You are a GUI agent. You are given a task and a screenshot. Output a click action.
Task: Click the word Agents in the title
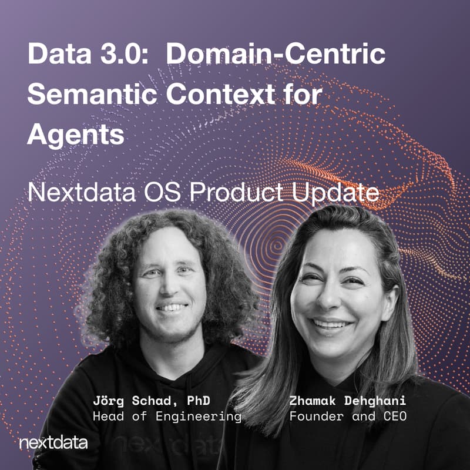76,135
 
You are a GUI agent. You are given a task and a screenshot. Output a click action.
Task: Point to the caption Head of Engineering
167,417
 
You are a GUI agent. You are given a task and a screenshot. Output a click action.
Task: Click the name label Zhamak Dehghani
348,402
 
